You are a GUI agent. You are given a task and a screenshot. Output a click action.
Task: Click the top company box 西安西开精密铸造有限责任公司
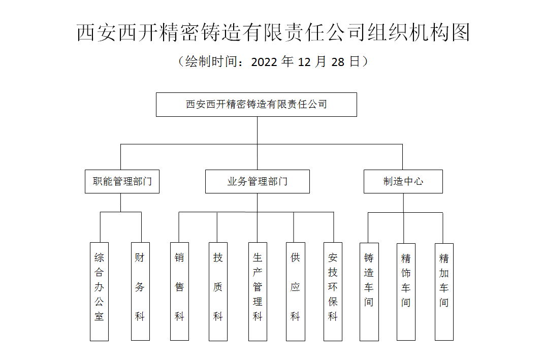pyautogui.click(x=257, y=105)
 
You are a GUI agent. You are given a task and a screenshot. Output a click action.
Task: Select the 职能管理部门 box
pyautogui.click(x=122, y=181)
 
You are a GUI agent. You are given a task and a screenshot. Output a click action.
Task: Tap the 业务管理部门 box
pyautogui.click(x=258, y=181)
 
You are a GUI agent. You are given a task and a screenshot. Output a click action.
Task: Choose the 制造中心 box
pyautogui.click(x=403, y=181)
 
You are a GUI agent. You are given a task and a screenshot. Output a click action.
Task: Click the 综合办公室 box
pyautogui.click(x=99, y=291)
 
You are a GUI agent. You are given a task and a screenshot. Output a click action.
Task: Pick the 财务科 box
pyautogui.click(x=140, y=291)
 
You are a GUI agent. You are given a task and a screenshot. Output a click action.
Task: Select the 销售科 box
pyautogui.click(x=179, y=291)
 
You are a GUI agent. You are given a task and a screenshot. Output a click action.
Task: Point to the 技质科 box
pyautogui.click(x=218, y=291)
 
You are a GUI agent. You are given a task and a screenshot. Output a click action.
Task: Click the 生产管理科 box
pyautogui.click(x=258, y=291)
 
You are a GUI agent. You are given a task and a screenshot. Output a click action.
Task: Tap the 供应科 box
pyautogui.click(x=296, y=291)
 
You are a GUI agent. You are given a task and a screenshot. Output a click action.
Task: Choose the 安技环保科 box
pyautogui.click(x=333, y=291)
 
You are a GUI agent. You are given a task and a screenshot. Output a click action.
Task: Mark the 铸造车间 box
pyautogui.click(x=369, y=292)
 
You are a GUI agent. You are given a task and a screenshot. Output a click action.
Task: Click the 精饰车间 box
pyautogui.click(x=406, y=292)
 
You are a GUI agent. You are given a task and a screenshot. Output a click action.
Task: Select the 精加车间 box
pyautogui.click(x=444, y=292)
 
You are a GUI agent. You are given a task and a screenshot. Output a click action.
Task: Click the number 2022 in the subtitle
pyautogui.click(x=264, y=62)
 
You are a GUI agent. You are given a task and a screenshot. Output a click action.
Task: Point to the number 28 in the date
pyautogui.click(x=338, y=62)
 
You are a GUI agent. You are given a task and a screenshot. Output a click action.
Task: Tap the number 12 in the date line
pyautogui.click(x=304, y=62)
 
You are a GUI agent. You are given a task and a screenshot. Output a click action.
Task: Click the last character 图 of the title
pyautogui.click(x=460, y=32)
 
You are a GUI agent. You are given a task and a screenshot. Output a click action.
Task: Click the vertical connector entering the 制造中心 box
pyautogui.click(x=402, y=157)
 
